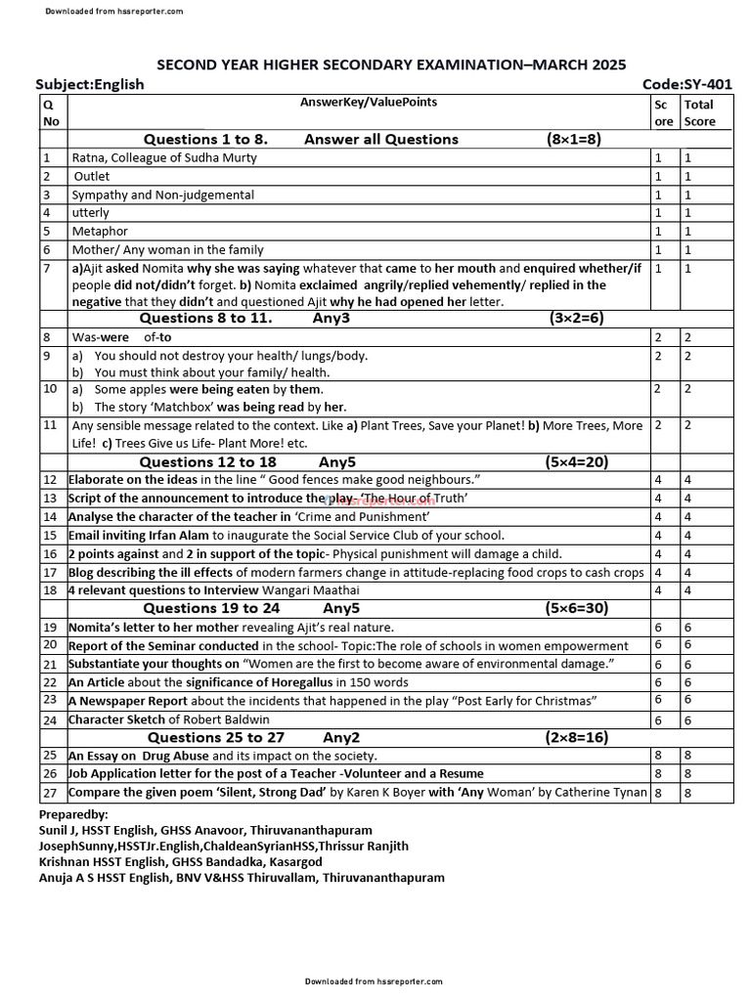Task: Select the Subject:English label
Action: click(x=90, y=84)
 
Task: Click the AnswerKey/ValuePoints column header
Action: click(x=369, y=102)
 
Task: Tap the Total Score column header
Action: click(x=699, y=112)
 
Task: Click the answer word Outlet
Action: click(x=92, y=176)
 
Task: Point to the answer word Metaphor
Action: click(x=99, y=231)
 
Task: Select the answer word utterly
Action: click(x=90, y=212)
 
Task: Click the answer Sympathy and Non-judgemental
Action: click(x=162, y=195)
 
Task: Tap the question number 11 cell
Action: click(x=50, y=425)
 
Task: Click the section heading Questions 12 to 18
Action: click(x=207, y=461)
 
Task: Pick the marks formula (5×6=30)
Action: click(x=576, y=608)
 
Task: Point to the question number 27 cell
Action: click(x=50, y=792)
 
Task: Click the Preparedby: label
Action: click(x=73, y=814)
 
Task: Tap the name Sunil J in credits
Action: click(x=62, y=830)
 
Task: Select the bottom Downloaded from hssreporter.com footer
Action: click(x=374, y=980)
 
